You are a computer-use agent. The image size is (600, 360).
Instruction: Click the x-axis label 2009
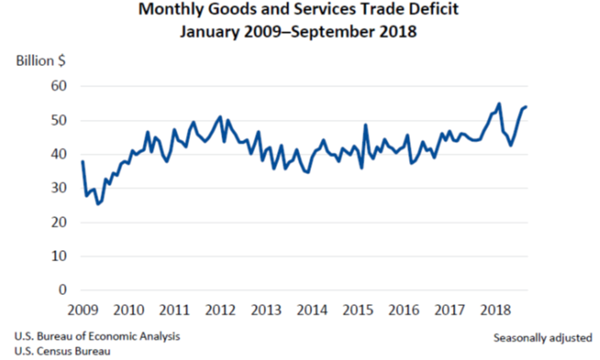tap(83, 308)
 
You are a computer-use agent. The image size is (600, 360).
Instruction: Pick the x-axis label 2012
tap(219, 308)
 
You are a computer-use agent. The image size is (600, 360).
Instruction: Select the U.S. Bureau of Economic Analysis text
tap(96, 335)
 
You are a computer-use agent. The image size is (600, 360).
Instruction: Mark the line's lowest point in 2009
tap(98, 204)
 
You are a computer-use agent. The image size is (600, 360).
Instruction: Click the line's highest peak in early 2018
tap(499, 104)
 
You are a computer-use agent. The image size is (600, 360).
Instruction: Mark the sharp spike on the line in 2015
tap(366, 125)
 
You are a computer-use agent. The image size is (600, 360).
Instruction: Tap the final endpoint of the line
tap(526, 106)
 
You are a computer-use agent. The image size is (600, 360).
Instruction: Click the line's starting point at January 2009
tap(82, 161)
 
